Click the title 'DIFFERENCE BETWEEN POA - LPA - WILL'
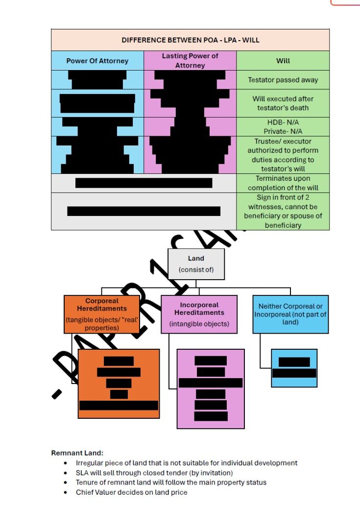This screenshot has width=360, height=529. click(x=190, y=40)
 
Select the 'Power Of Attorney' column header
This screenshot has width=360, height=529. click(x=97, y=61)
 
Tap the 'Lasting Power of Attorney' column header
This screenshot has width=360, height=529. click(x=190, y=61)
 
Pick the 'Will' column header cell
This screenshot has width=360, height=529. click(x=283, y=61)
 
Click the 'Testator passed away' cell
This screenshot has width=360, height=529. click(x=283, y=79)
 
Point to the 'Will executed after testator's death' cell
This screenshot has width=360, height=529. click(x=283, y=103)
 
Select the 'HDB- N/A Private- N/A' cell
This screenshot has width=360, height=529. click(x=283, y=126)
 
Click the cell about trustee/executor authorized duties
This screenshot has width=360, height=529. click(x=283, y=155)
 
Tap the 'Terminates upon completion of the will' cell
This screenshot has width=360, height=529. click(x=283, y=183)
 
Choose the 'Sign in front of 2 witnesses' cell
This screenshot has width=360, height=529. click(x=283, y=211)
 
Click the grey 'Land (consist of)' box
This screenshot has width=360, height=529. click(x=196, y=264)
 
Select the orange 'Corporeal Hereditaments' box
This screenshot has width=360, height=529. click(x=101, y=314)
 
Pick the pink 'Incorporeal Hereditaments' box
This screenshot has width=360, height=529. click(x=199, y=314)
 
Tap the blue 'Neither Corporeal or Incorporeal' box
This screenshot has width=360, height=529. click(x=291, y=314)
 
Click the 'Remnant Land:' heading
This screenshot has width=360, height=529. click(x=74, y=453)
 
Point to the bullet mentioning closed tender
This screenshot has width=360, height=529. click(x=154, y=473)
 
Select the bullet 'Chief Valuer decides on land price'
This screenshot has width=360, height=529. click(x=131, y=492)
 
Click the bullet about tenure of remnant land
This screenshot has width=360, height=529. click(x=171, y=482)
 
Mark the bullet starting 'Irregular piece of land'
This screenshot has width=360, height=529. click(x=186, y=463)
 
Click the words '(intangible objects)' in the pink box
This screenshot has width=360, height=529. click(x=199, y=324)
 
